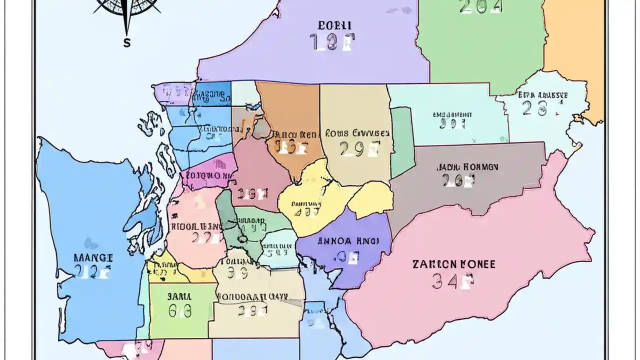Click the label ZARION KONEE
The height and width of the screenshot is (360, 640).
tap(454, 264)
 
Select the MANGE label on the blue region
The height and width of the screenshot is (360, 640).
tap(93, 258)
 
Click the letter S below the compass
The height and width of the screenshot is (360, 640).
tap(127, 43)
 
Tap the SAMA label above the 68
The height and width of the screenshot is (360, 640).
tap(179, 295)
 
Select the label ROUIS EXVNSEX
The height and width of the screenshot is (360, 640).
tap(357, 133)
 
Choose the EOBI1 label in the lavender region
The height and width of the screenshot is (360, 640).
tap(334, 25)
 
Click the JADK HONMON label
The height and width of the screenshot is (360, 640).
tap(467, 167)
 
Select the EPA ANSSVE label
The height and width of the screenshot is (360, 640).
tap(542, 94)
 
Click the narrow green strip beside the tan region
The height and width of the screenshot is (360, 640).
tap(401, 142)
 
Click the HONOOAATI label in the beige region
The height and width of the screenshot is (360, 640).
tap(252, 296)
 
